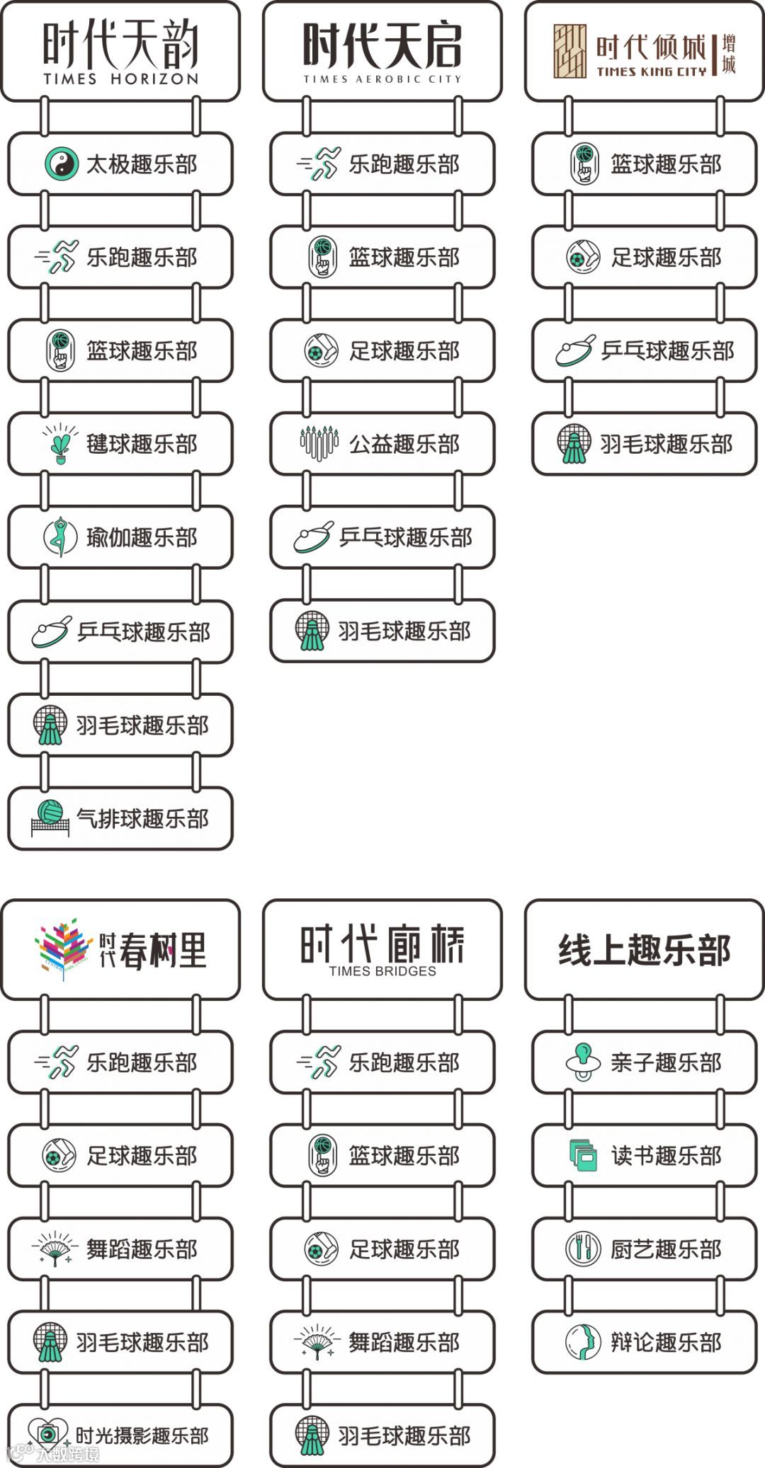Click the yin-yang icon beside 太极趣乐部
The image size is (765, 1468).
click(x=61, y=164)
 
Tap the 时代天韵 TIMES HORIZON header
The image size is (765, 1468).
click(x=120, y=52)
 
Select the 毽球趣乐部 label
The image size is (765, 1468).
click(x=142, y=445)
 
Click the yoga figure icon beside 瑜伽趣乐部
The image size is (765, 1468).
click(x=60, y=537)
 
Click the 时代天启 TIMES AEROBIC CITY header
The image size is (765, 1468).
click(x=382, y=52)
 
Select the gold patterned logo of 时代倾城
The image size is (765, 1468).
click(x=570, y=51)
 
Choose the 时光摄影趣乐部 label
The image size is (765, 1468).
click(x=142, y=1435)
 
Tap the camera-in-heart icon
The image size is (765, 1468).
click(x=47, y=1434)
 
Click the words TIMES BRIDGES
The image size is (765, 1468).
click(x=382, y=971)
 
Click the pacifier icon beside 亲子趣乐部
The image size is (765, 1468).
click(x=583, y=1062)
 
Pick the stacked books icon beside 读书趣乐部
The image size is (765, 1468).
click(x=583, y=1155)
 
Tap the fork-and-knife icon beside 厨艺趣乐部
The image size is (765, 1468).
click(x=583, y=1249)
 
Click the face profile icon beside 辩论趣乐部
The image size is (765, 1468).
click(x=583, y=1342)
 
